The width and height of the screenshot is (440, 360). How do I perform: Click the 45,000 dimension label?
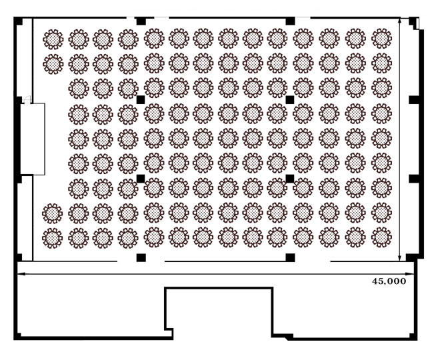pyautogui.click(x=389, y=281)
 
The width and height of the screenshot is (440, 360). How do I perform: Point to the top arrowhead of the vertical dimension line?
pyautogui.click(x=400, y=22)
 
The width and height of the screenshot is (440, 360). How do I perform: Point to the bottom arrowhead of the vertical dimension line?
pyautogui.click(x=400, y=257)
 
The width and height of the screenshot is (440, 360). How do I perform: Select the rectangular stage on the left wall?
pyautogui.click(x=33, y=139)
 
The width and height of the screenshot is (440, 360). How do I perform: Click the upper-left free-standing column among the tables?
pyautogui.click(x=141, y=99)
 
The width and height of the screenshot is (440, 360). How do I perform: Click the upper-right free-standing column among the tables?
pyautogui.click(x=290, y=99)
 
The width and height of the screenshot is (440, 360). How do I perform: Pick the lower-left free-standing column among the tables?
pyautogui.click(x=141, y=179)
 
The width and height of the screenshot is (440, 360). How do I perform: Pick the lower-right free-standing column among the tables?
pyautogui.click(x=290, y=179)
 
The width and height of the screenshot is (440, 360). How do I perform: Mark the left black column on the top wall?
pyautogui.click(x=141, y=21)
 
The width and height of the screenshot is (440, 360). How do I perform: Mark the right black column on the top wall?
pyautogui.click(x=291, y=21)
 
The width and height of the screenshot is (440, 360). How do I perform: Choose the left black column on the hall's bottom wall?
pyautogui.click(x=141, y=257)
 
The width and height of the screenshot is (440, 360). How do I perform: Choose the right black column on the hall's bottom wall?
pyautogui.click(x=291, y=257)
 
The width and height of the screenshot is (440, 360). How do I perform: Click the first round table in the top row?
pyautogui.click(x=53, y=39)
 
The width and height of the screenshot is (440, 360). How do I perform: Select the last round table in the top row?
pyautogui.click(x=381, y=39)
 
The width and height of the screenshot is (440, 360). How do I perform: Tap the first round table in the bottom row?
pyautogui.click(x=52, y=238)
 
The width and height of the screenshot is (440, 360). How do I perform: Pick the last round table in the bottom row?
pyautogui.click(x=381, y=237)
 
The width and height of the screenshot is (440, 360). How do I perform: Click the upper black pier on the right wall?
pyautogui.click(x=414, y=99)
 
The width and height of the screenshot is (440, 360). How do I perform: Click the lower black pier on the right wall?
pyautogui.click(x=414, y=179)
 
